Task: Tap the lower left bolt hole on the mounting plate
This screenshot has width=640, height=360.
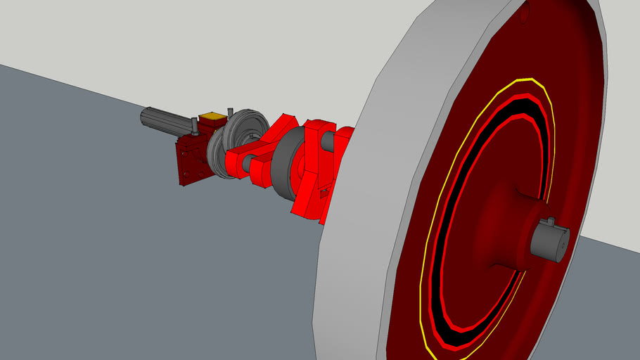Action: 182,179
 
